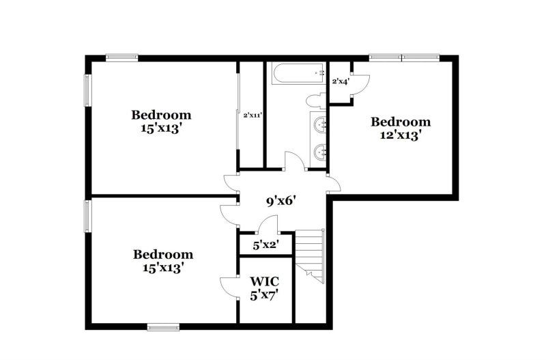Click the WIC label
point(265,281)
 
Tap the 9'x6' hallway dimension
point(280,201)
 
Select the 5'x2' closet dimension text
point(265,244)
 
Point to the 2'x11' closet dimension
point(253,115)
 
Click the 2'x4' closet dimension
point(341,81)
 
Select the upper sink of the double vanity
point(319,125)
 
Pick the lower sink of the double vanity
point(319,151)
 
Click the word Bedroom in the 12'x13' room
point(401,122)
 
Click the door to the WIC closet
point(228,286)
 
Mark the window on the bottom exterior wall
point(164,327)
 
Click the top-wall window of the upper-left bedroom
point(122,57)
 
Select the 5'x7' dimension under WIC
point(265,295)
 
